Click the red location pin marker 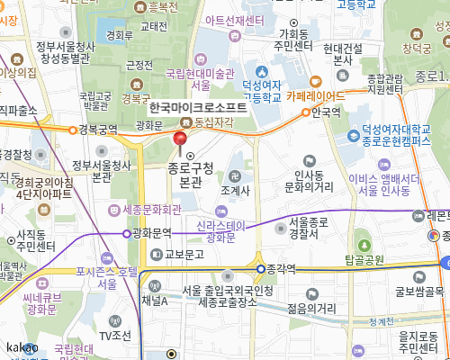[180, 140]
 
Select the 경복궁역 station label [100, 130]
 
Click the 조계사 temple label [235, 191]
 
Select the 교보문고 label [187, 253]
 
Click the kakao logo [21, 347]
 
